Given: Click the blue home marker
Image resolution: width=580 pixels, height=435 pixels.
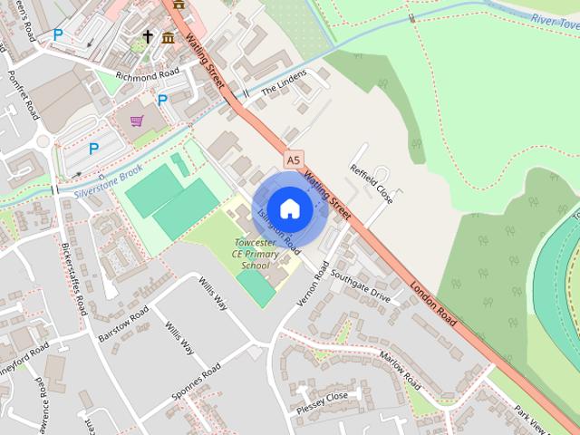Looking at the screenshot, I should (289, 208).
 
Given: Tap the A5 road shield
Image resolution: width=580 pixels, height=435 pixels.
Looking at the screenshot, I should (292, 159).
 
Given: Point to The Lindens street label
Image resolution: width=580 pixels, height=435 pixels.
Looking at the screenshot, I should (284, 83).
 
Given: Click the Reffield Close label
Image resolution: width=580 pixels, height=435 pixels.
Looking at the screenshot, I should (371, 183).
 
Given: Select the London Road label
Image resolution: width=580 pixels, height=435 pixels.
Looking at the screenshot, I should (433, 303).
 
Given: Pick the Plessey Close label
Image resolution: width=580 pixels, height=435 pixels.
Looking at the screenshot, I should (323, 397).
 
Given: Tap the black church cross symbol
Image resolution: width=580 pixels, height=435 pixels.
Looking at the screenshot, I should (148, 36).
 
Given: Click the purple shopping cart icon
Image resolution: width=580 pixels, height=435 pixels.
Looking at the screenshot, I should (137, 121).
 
